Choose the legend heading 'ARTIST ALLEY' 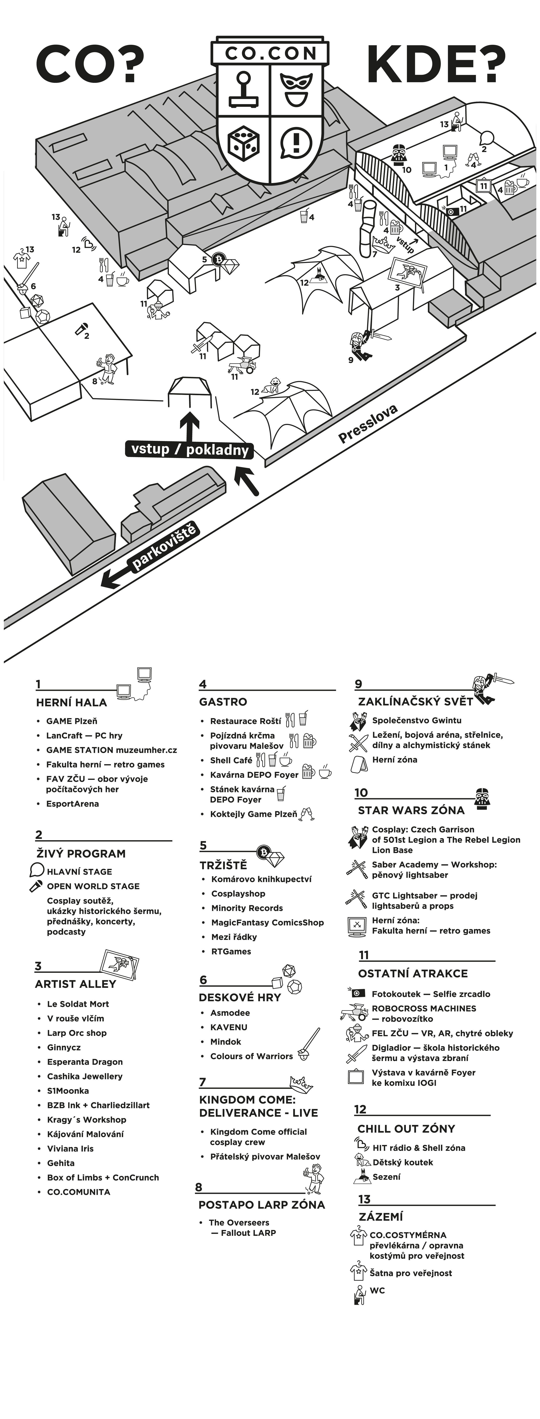[x=75, y=984]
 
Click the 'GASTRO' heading [x=223, y=702]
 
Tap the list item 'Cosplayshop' [x=238, y=893]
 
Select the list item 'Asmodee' [x=229, y=1012]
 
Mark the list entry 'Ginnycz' [x=64, y=1047]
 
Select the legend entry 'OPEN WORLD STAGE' [x=93, y=886]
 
